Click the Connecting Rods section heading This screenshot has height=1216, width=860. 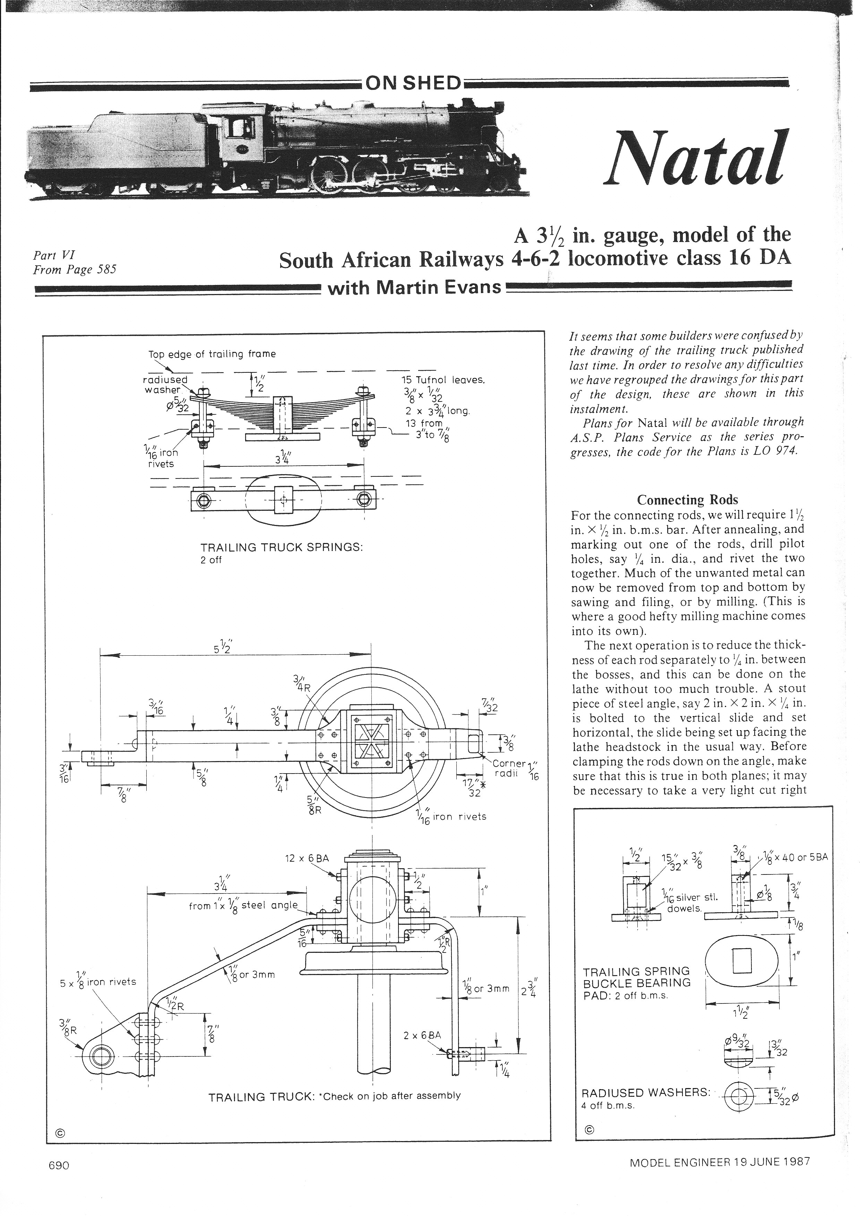click(x=687, y=500)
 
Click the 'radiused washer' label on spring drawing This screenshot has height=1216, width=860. click(x=165, y=385)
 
